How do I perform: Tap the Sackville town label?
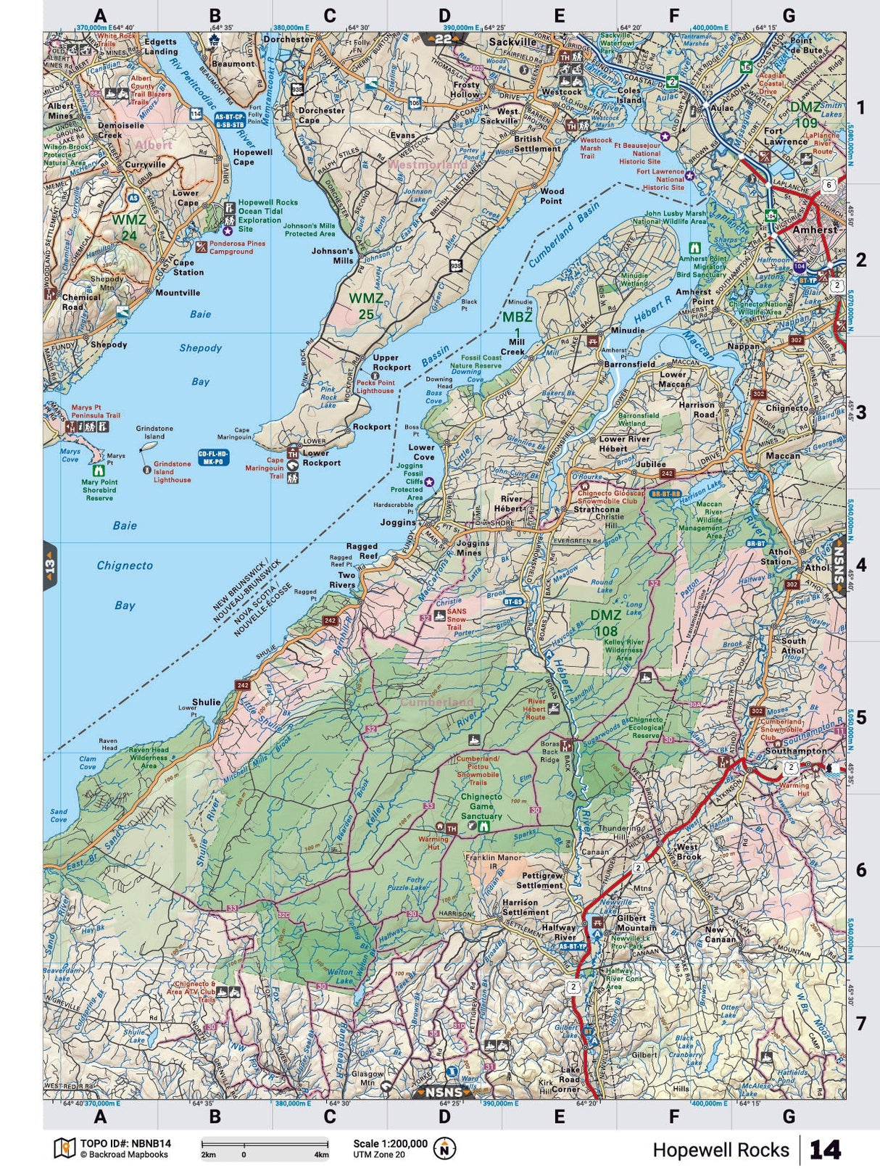[512, 42]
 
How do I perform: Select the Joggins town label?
[398, 522]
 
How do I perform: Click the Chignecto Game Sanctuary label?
[481, 806]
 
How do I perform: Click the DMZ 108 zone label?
[605, 623]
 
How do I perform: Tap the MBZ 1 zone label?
[518, 324]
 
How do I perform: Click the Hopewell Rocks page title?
[721, 1150]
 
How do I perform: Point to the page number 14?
[825, 1150]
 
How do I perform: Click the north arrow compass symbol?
[444, 1148]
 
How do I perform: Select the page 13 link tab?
[50, 565]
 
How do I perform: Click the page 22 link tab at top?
[443, 39]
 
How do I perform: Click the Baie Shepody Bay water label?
[201, 348]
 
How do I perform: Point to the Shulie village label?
[206, 702]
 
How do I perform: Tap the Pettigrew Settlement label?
[541, 881]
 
